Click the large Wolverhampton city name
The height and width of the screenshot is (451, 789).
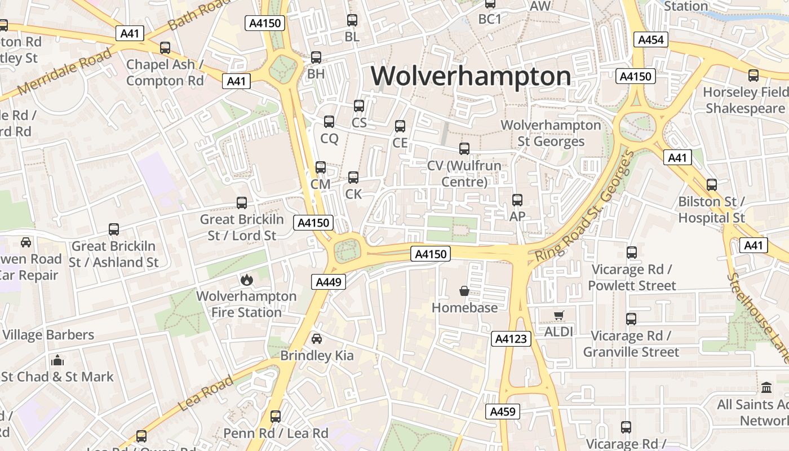(x=471, y=76)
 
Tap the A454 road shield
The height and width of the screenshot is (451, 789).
(x=651, y=39)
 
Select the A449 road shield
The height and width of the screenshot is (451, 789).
(x=328, y=282)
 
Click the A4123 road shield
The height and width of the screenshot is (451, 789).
(x=512, y=339)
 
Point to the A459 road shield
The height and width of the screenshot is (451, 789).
(x=502, y=412)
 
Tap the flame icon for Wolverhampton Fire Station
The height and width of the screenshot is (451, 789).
(x=246, y=280)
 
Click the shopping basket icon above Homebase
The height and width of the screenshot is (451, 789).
(x=464, y=291)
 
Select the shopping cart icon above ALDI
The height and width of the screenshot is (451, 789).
(x=558, y=316)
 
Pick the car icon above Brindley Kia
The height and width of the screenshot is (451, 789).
(x=317, y=339)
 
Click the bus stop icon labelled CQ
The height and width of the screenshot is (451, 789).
(x=329, y=122)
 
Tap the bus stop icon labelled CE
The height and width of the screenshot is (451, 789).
(x=400, y=126)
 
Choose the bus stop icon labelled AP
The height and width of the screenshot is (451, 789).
(x=517, y=200)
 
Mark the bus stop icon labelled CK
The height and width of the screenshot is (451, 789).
(x=353, y=178)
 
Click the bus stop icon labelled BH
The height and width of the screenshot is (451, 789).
(x=316, y=58)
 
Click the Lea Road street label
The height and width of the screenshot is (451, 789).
(x=205, y=393)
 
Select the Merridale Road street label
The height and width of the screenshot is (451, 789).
(x=64, y=72)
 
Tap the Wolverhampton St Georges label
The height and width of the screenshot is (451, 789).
(x=551, y=133)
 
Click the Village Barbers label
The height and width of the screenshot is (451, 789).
(x=48, y=335)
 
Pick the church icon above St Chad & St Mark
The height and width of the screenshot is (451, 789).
(x=57, y=361)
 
